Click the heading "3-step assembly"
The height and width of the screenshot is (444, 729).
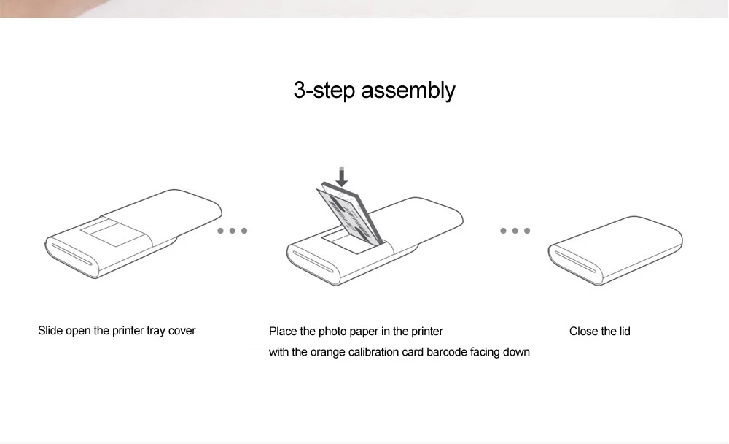coord(374,91)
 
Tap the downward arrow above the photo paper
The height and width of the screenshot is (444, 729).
coord(341,175)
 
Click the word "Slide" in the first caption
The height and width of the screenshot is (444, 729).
coord(50,331)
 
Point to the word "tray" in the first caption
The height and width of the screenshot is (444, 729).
coord(156,331)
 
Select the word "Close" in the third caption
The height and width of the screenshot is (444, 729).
coord(583,332)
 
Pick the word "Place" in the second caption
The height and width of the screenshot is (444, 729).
coord(283,332)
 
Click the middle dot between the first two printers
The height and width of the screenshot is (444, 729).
coord(233,231)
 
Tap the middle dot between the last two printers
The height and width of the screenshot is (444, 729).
coord(515,231)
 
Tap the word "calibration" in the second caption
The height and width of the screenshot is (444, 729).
coord(375,352)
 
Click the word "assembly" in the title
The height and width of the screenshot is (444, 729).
coord(408,91)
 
